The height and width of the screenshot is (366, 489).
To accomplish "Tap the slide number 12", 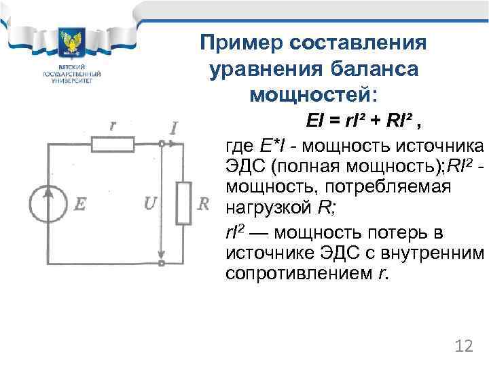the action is tap(463, 346).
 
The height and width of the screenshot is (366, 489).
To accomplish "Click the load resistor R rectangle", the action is tap(183, 203).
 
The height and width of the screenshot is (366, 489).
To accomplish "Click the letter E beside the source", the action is tap(79, 203).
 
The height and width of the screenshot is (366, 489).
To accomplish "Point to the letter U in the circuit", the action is tap(151, 203).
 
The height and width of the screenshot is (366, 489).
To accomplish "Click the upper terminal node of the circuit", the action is tap(161, 144).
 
